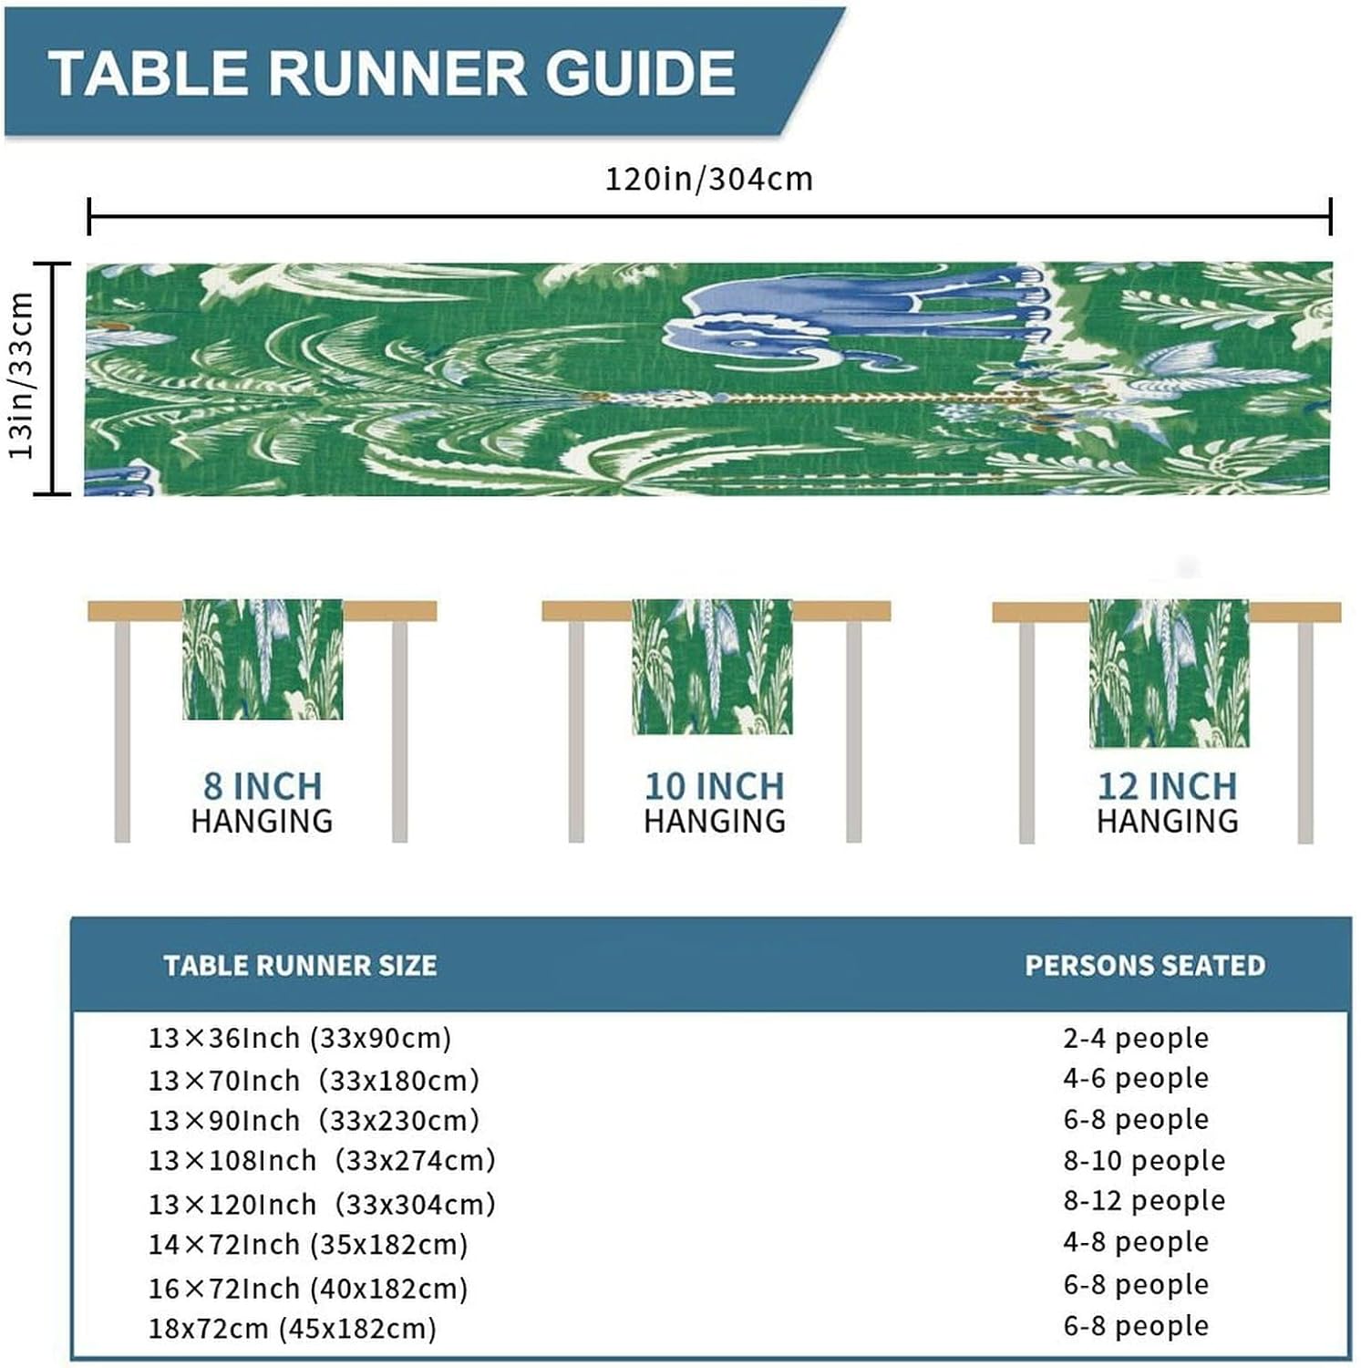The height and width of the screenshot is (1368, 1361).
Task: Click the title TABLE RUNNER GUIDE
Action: [x=392, y=73]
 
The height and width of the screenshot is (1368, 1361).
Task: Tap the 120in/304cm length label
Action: [x=709, y=179]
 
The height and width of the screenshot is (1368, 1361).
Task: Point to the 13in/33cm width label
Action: [x=21, y=376]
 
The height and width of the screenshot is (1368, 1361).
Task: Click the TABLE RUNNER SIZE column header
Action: [x=300, y=966]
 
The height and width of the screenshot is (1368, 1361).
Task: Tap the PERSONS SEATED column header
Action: [x=1145, y=966]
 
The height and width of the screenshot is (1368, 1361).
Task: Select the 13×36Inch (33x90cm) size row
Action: [x=300, y=1038]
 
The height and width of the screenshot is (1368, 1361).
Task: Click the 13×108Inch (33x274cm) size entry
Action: [x=322, y=1160]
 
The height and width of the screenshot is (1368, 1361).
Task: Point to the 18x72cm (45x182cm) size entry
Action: [x=293, y=1328]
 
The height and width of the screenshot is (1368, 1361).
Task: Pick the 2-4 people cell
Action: [x=1136, y=1038]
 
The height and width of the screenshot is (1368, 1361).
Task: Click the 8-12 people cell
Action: [x=1144, y=1200]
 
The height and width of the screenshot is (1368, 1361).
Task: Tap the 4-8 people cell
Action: [x=1136, y=1241]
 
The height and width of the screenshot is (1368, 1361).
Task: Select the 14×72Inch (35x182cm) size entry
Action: [x=308, y=1245]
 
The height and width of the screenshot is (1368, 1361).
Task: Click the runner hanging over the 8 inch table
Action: [x=263, y=659]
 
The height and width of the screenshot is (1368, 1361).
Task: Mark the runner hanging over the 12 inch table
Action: [x=1169, y=673]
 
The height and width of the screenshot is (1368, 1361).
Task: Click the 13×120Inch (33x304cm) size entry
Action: [x=322, y=1204]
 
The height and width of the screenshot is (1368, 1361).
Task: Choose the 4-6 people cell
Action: [x=1136, y=1078]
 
